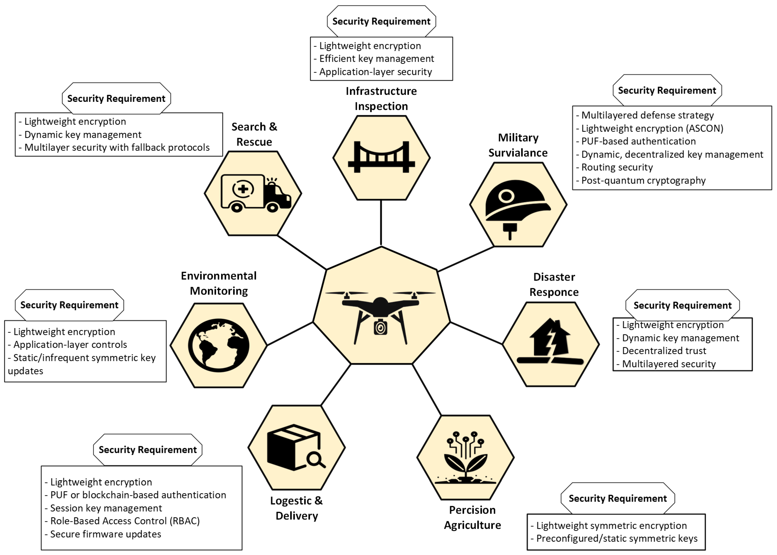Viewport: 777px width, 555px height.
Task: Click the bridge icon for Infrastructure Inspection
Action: (x=381, y=157)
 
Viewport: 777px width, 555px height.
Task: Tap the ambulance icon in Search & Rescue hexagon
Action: (x=256, y=193)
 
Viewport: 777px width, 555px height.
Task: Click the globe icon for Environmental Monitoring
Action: (x=219, y=345)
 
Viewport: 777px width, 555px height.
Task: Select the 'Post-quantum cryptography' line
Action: (x=643, y=181)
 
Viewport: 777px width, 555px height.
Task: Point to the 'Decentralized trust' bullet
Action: (x=664, y=351)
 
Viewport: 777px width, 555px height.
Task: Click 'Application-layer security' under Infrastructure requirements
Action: (x=375, y=72)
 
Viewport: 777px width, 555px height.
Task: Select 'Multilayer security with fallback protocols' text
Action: (x=117, y=147)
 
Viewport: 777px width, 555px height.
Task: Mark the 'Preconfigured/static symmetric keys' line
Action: (x=616, y=538)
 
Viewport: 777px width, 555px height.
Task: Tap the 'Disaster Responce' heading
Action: (x=554, y=284)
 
